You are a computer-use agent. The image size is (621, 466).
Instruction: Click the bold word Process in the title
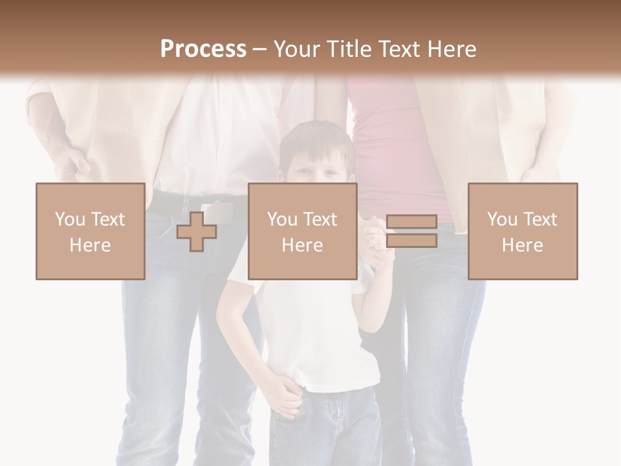[x=203, y=49]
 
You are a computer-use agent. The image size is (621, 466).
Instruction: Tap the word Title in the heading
[x=351, y=49]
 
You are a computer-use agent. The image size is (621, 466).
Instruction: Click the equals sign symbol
[x=411, y=231]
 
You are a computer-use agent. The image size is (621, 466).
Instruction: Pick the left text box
[x=90, y=231]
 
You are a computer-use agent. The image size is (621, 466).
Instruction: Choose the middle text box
[x=302, y=231]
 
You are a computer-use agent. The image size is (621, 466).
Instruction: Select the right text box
[x=522, y=231]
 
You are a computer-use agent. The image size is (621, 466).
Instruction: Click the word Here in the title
[x=452, y=49]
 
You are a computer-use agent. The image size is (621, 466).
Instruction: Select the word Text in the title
[x=400, y=49]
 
